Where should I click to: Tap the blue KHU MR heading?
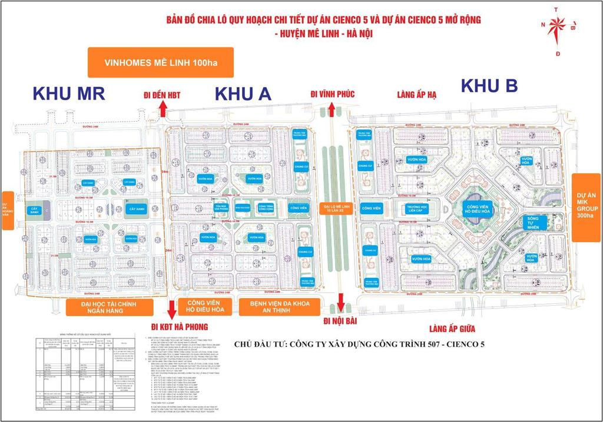click(x=69, y=93)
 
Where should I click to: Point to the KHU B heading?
click(x=489, y=86)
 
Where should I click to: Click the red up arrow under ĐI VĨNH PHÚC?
click(x=332, y=109)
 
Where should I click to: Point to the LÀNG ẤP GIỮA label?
click(x=452, y=329)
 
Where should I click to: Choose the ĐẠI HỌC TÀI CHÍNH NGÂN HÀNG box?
click(x=110, y=307)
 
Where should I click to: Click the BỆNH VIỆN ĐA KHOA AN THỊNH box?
click(x=279, y=307)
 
